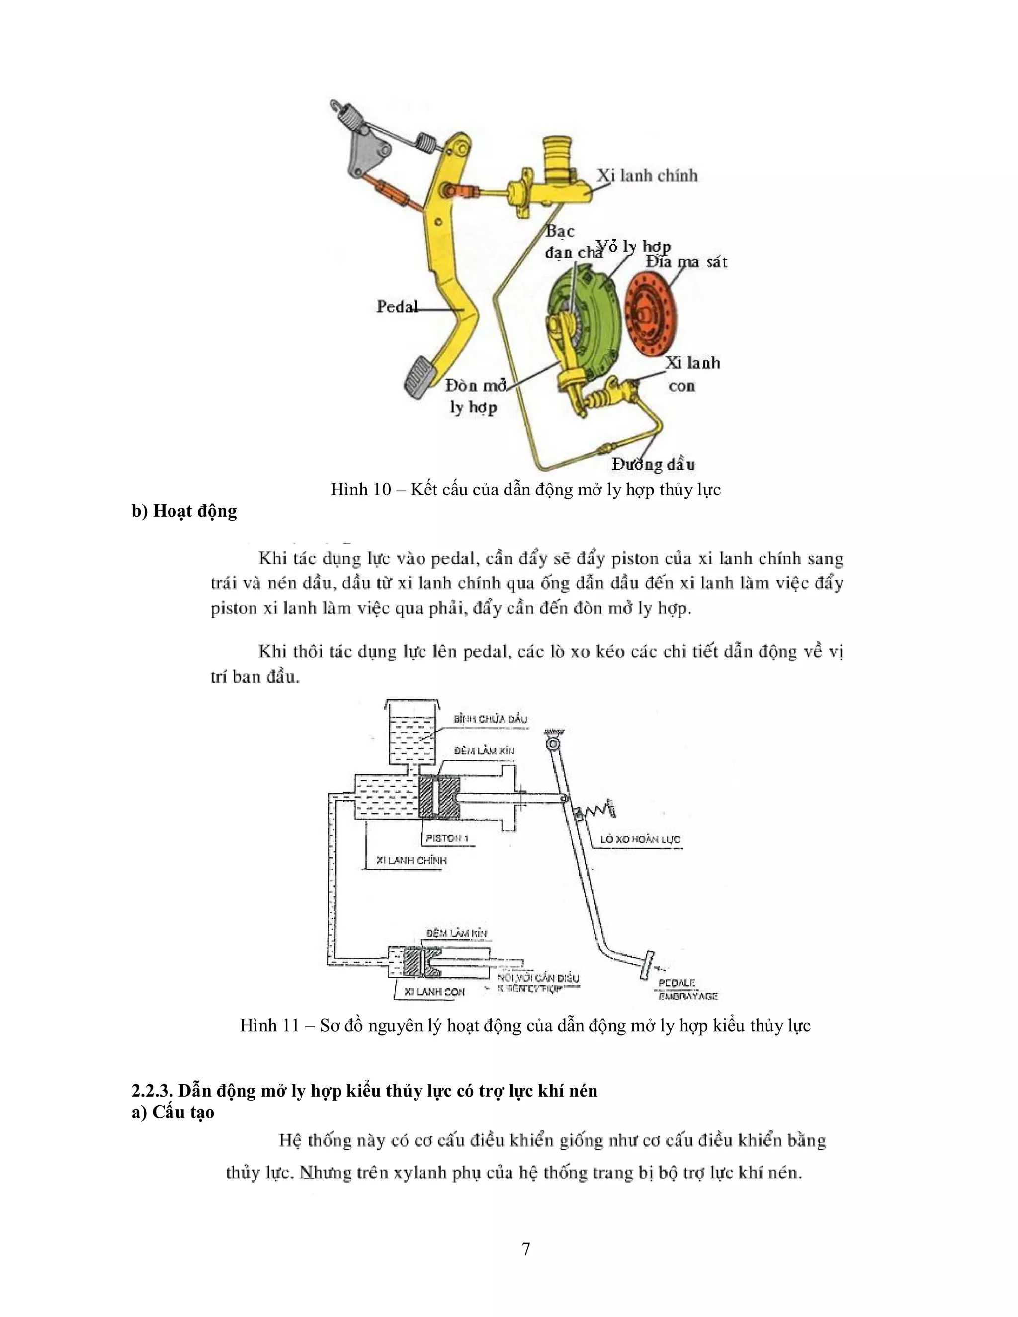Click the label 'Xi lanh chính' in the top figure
647,175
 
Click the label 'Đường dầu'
653,464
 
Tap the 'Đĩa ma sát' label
686,262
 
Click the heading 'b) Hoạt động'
184,511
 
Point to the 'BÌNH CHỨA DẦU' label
490,719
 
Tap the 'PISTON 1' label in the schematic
446,838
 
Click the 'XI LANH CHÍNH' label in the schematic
411,860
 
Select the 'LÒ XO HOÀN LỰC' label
640,839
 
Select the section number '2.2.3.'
152,1091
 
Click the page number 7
526,1249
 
